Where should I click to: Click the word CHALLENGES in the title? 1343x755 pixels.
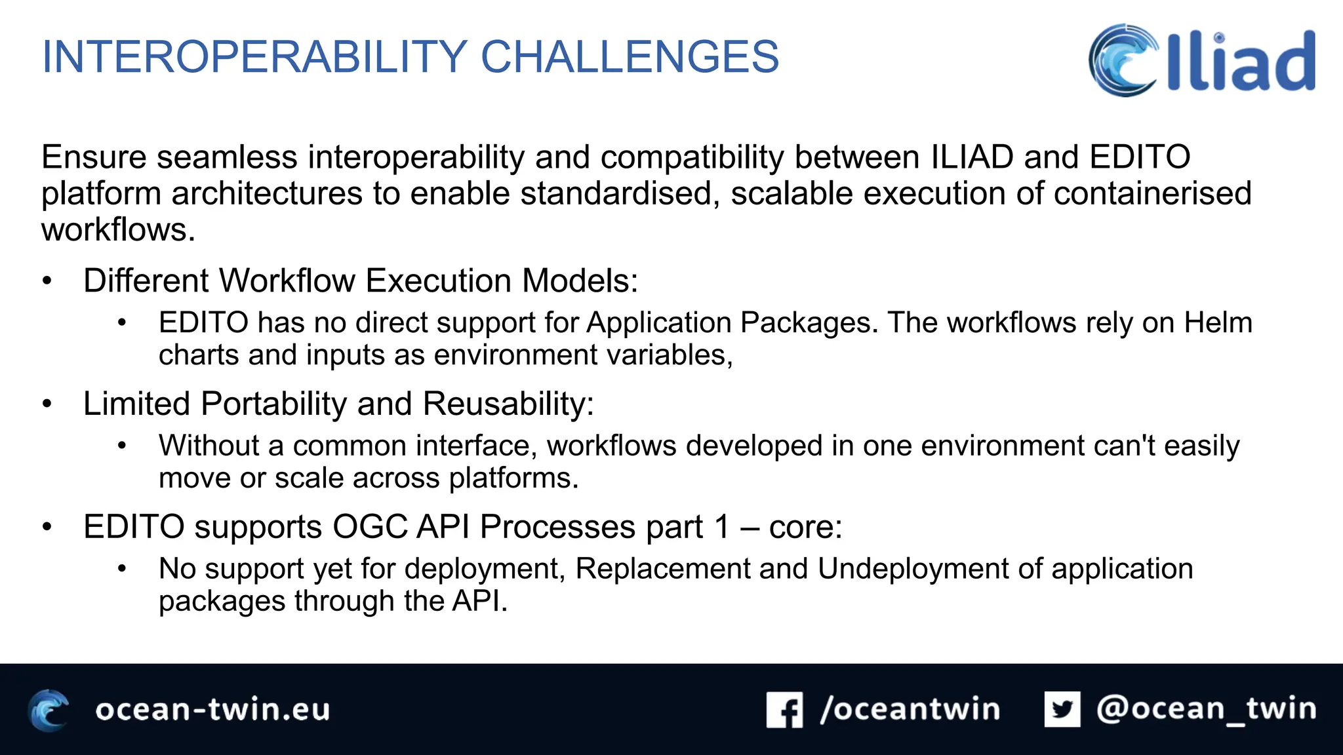pyautogui.click(x=630, y=57)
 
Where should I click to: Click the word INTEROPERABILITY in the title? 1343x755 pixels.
pyautogui.click(x=254, y=57)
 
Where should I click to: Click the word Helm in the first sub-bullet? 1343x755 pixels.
pyautogui.click(x=1218, y=322)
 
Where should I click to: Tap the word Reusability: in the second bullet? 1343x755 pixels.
pyautogui.click(x=508, y=404)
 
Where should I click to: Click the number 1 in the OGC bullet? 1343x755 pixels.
pyautogui.click(x=721, y=527)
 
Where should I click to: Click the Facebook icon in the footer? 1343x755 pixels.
pyautogui.click(x=784, y=710)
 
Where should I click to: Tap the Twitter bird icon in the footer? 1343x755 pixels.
pyautogui.click(x=1062, y=709)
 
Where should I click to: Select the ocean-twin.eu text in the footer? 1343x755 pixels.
pyautogui.click(x=212, y=710)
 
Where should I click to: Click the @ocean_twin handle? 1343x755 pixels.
pyautogui.click(x=1206, y=709)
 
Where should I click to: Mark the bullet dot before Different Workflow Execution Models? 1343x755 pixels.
pyautogui.click(x=47, y=281)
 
